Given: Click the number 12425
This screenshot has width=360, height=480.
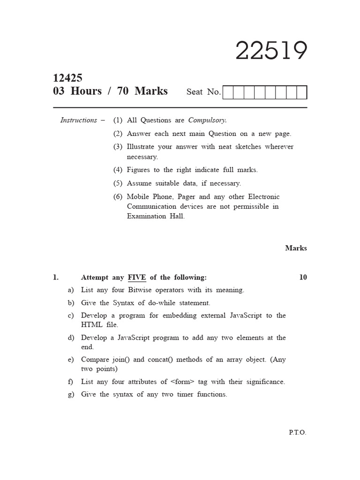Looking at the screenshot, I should [68, 78].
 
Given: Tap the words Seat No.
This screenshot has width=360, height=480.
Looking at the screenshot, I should [203, 92].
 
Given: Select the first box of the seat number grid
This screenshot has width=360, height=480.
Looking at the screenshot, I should [228, 92].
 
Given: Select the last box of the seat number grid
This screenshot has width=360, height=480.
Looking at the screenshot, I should [302, 92].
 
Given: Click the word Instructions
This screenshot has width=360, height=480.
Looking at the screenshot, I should [79, 120].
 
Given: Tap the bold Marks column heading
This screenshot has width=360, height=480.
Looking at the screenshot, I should [296, 248].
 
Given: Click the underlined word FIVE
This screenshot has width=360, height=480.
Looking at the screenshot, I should [137, 277].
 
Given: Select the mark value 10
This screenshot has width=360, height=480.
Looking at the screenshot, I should [303, 277].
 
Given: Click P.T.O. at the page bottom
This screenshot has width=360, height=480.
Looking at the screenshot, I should [297, 432].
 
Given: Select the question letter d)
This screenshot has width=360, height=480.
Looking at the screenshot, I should [71, 337].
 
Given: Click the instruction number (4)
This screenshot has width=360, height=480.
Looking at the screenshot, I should [118, 170].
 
